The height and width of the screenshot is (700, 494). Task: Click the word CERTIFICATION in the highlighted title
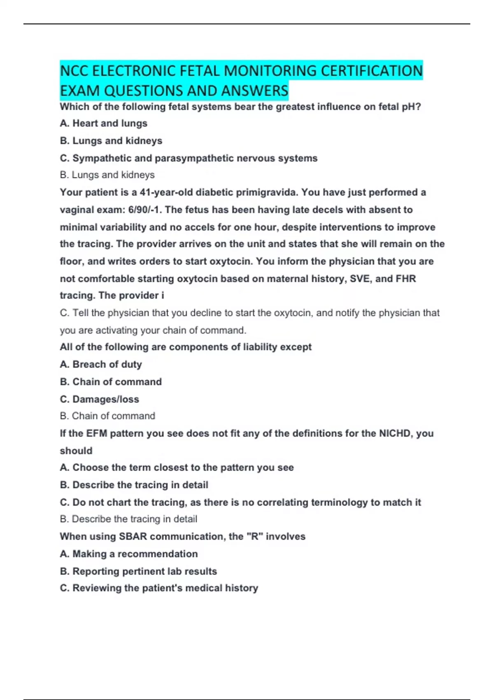371,71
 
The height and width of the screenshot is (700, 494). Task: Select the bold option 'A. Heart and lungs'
103,124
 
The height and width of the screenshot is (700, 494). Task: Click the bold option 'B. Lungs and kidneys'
111,141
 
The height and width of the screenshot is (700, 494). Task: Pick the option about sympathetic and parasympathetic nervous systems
189,158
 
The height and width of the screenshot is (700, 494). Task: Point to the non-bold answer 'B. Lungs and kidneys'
107,175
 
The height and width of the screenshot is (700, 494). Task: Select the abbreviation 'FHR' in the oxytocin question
405,279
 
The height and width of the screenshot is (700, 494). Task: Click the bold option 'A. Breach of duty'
101,364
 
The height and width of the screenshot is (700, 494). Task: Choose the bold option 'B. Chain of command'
111,382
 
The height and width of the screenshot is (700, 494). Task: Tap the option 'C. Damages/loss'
99,399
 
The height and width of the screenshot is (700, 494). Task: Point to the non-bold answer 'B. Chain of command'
107,416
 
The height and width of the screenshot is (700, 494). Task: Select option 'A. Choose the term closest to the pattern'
177,467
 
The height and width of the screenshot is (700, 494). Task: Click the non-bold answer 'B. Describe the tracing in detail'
128,519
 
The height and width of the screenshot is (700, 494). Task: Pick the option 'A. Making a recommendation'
128,554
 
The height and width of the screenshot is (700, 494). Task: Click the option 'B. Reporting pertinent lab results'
138,571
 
